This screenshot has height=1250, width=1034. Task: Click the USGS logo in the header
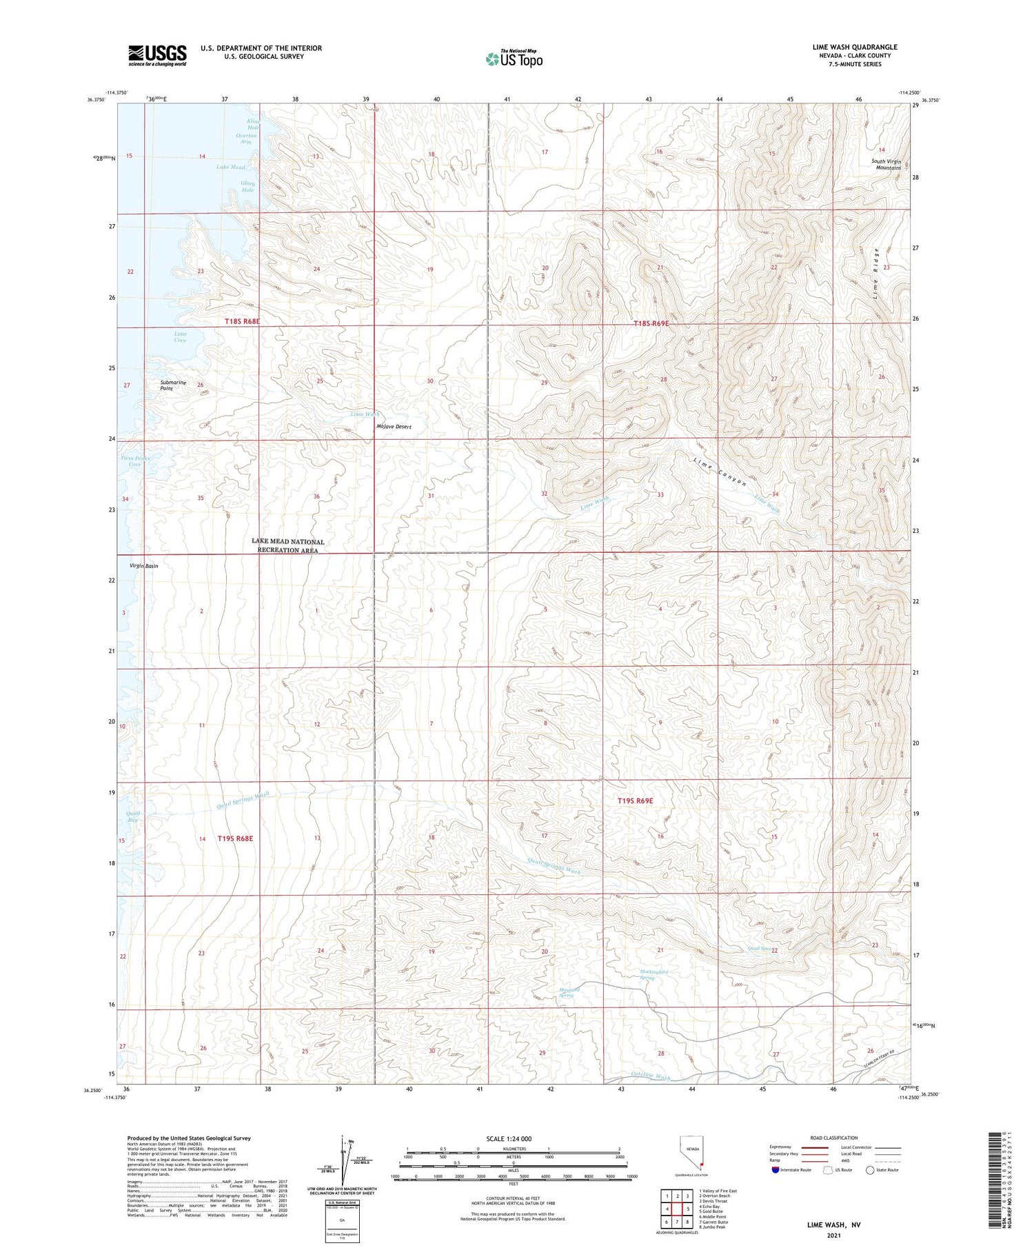pyautogui.click(x=157, y=55)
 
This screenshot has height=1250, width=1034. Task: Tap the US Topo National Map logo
pyautogui.click(x=514, y=58)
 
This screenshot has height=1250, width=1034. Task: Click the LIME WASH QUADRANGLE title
pyautogui.click(x=854, y=47)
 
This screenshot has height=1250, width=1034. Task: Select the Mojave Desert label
pyautogui.click(x=394, y=427)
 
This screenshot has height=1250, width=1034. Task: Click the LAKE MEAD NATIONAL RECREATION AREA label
pyautogui.click(x=287, y=546)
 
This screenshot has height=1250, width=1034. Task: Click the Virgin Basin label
pyautogui.click(x=144, y=566)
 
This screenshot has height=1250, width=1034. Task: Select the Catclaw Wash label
pyautogui.click(x=651, y=1076)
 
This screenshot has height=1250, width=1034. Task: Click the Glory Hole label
pyautogui.click(x=247, y=186)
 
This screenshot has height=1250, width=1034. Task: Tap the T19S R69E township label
pyautogui.click(x=635, y=800)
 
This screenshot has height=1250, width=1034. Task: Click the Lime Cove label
pyautogui.click(x=180, y=336)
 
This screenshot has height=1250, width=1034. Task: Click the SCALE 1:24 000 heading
pyautogui.click(x=509, y=1138)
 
